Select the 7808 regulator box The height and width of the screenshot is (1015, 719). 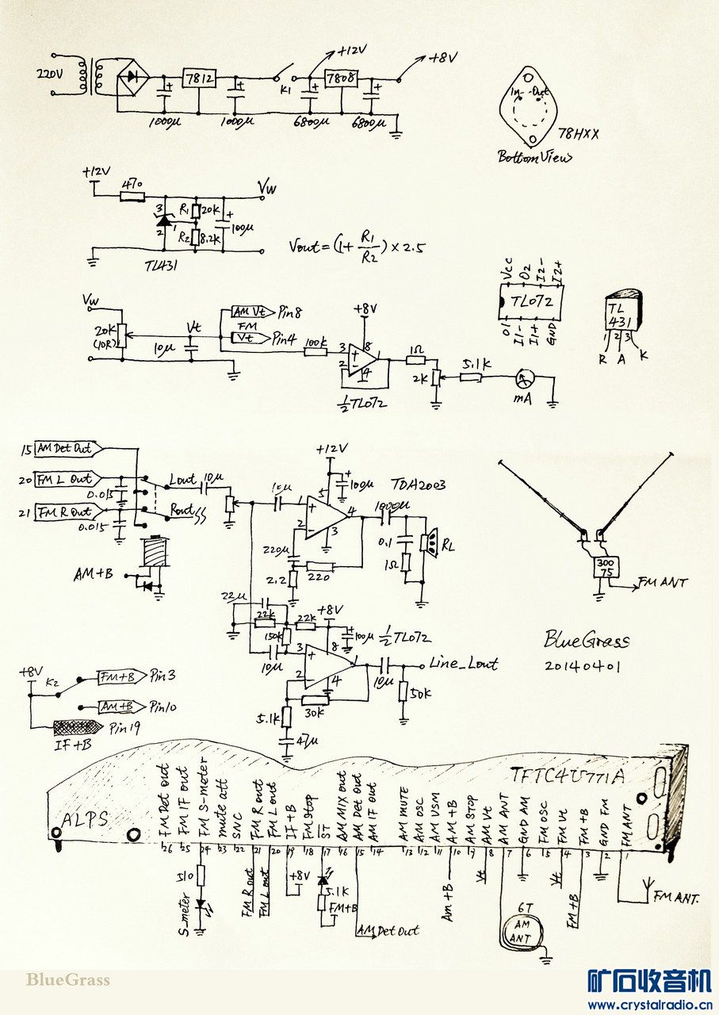[x=342, y=79]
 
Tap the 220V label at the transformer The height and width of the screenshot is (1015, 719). [x=52, y=76]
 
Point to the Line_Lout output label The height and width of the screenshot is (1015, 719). [x=463, y=663]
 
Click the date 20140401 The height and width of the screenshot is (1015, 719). [x=583, y=667]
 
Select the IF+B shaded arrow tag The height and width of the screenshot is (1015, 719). [x=77, y=727]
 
